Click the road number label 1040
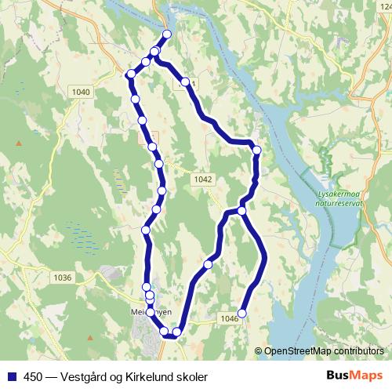[81, 93]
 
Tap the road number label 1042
[201, 180]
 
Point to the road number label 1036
[62, 278]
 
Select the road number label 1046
[229, 318]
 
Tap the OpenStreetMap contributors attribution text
[324, 351]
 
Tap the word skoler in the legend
[192, 377]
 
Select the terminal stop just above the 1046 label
[241, 313]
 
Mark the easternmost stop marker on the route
[256, 150]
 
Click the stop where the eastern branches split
[242, 210]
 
